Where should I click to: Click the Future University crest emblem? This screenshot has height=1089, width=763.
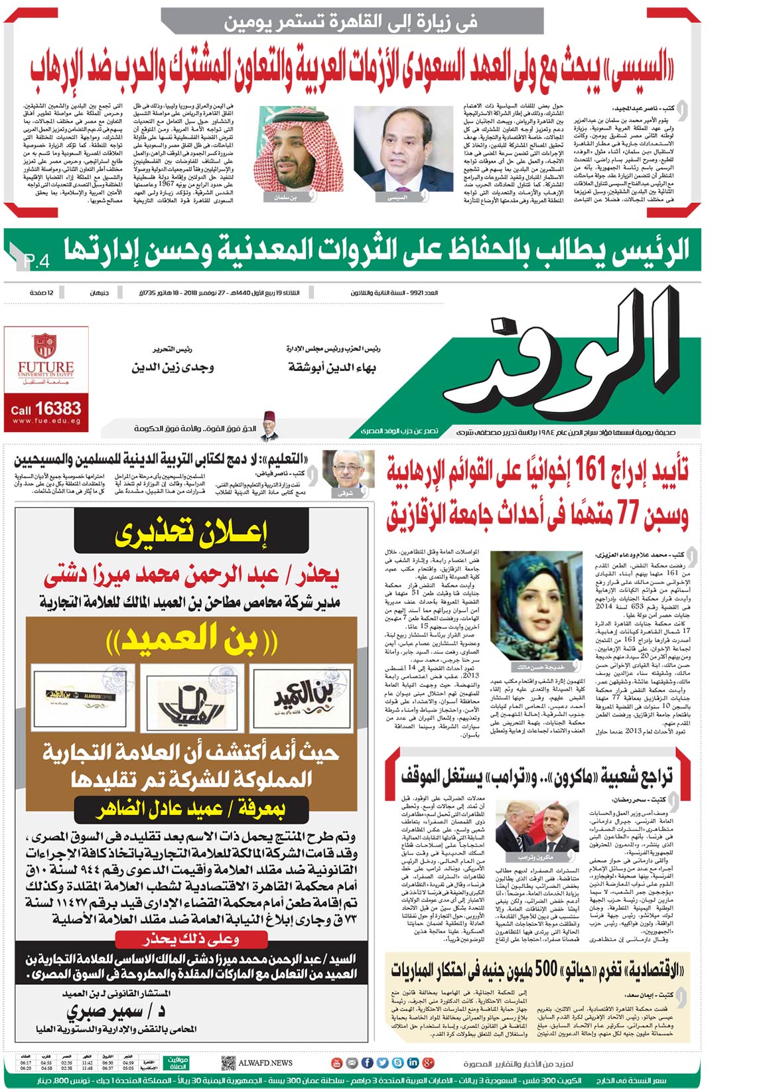(45, 346)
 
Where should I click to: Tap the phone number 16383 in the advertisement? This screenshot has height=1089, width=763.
(58, 408)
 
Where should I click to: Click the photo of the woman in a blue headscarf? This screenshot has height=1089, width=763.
(535, 606)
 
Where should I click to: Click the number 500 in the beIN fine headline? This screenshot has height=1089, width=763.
(545, 970)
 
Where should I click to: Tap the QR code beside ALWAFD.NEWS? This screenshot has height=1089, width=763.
(228, 1062)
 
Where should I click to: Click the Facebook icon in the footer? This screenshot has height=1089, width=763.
(367, 1062)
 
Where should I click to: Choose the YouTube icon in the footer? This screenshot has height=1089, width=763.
(336, 1062)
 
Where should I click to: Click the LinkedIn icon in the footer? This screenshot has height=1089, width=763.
(413, 1062)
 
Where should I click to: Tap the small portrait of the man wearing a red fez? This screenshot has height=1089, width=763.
(268, 429)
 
